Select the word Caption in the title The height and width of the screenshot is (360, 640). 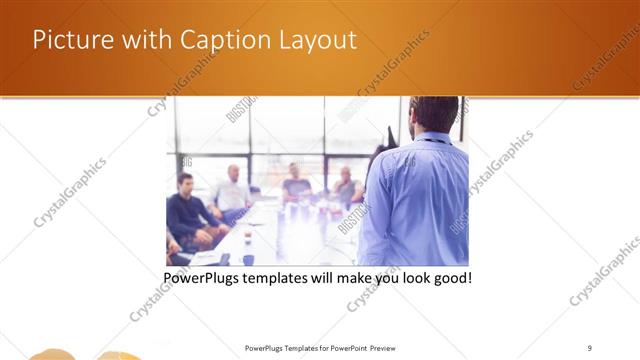pyautogui.click(x=220, y=40)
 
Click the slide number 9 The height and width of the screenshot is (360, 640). pyautogui.click(x=590, y=348)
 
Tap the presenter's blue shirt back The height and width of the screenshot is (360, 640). pyautogui.click(x=420, y=200)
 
